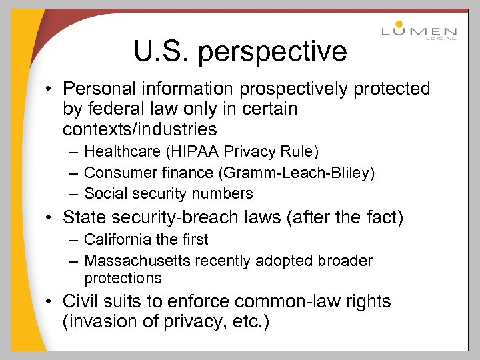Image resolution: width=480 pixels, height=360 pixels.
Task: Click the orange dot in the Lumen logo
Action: coord(399,24)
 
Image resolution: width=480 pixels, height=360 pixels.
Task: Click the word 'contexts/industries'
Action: coord(140,128)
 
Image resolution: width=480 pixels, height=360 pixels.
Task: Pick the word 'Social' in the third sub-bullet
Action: coord(104,194)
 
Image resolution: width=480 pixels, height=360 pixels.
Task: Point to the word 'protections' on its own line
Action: coord(123,278)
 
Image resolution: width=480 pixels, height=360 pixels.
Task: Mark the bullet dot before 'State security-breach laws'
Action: coord(51,218)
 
